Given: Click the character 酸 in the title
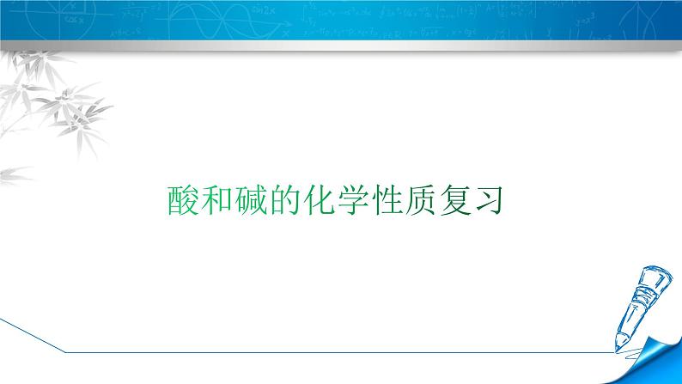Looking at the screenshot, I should click(181, 201).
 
